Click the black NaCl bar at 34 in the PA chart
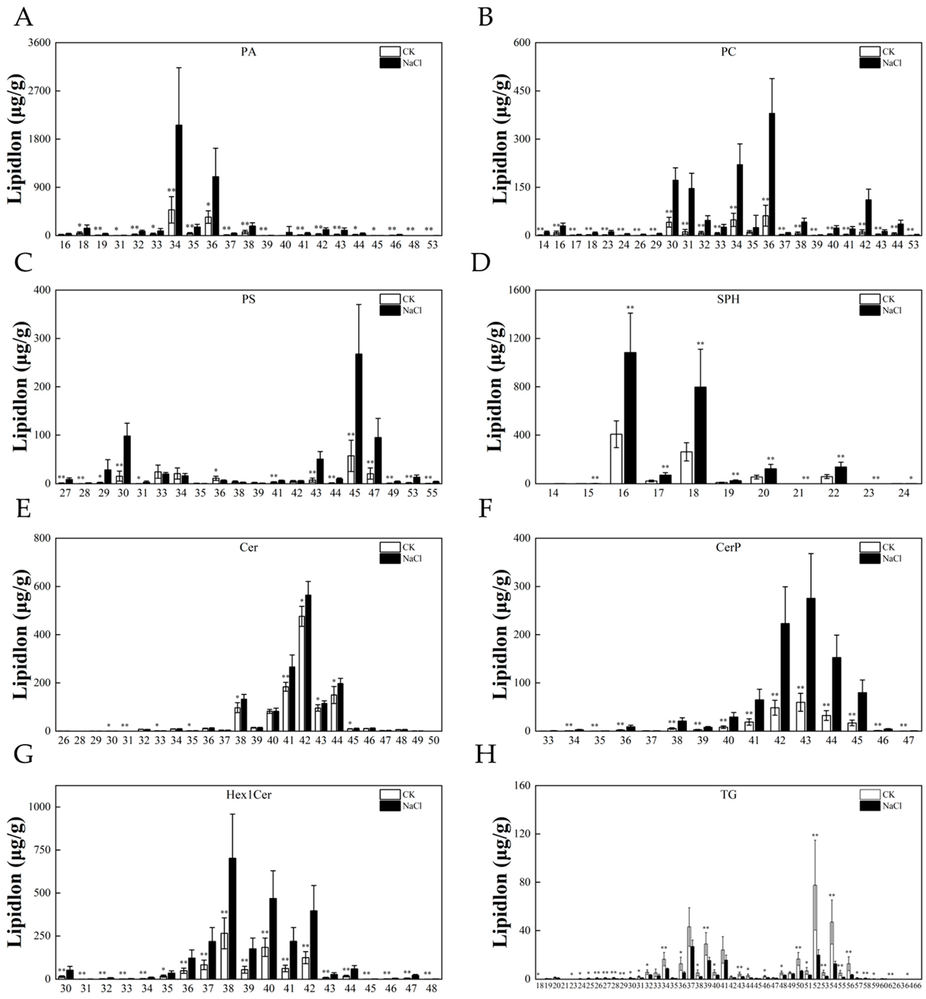click(178, 180)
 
